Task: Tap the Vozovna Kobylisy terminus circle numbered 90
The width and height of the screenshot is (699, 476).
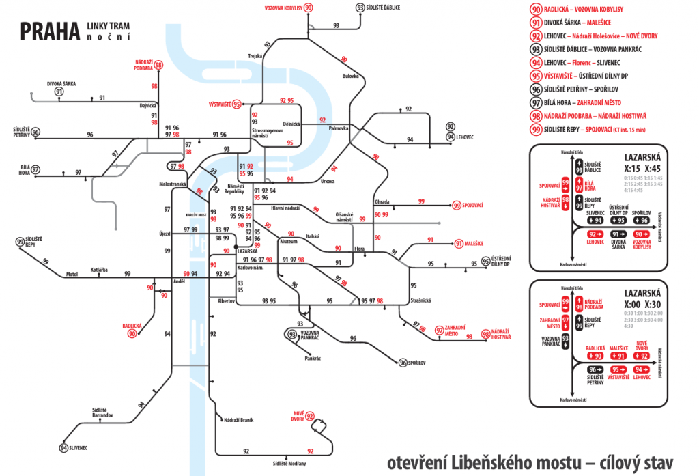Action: point(309,8)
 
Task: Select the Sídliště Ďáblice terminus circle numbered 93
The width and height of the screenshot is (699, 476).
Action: point(360,8)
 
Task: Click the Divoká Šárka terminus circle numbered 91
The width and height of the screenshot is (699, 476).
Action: point(59,92)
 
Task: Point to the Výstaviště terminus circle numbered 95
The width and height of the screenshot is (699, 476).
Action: point(236,104)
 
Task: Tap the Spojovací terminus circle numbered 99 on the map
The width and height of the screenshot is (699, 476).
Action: point(457,205)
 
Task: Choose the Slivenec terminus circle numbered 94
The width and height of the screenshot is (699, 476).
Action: point(63,448)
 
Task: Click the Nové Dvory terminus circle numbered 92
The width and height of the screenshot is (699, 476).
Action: point(310,416)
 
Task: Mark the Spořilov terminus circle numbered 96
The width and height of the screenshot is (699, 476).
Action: point(403,363)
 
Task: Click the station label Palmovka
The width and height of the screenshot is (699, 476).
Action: point(339,128)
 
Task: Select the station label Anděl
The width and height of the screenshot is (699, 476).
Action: point(180,281)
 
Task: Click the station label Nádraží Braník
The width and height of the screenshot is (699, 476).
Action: point(238,421)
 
